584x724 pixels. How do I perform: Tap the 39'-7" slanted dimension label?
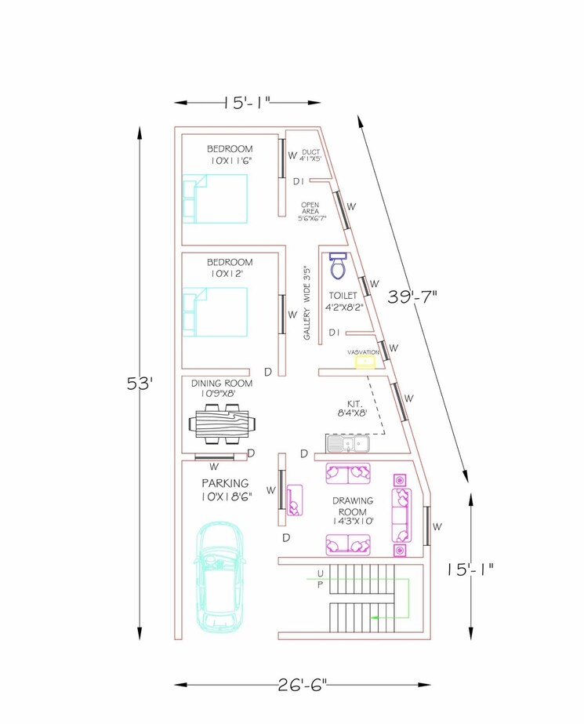pyautogui.click(x=412, y=297)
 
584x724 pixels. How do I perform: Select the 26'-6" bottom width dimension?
pyautogui.click(x=302, y=684)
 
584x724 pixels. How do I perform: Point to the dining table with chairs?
pyautogui.click(x=223, y=424)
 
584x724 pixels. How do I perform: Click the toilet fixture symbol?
pyautogui.click(x=338, y=266)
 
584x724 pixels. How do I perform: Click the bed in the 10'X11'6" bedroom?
pyautogui.click(x=215, y=198)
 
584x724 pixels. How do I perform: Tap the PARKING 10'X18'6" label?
pyautogui.click(x=225, y=489)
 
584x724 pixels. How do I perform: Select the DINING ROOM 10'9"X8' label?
pyautogui.click(x=227, y=387)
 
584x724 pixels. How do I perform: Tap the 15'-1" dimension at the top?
pyautogui.click(x=247, y=102)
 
